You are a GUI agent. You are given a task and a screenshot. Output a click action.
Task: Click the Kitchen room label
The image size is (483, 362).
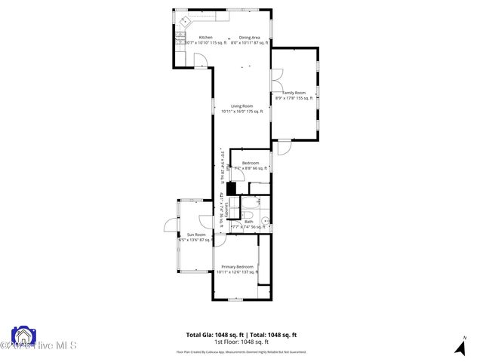click(x=206, y=38)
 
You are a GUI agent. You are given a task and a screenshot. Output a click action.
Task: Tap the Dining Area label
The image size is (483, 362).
click(x=250, y=38)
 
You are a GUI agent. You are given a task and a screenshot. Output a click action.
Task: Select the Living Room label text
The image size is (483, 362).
click(x=241, y=106)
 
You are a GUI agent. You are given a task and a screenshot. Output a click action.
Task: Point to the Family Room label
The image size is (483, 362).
click(x=294, y=93)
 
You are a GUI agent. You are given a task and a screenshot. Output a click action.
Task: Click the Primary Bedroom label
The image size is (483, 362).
click(x=237, y=267)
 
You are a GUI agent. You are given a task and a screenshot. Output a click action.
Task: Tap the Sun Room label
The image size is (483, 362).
click(x=196, y=235)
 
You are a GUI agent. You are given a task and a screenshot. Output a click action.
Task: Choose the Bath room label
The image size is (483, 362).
click(x=248, y=222)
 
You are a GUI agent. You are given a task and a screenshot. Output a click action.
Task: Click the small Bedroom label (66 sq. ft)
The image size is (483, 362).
click(x=250, y=164)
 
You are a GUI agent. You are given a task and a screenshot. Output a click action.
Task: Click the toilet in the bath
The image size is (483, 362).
click(x=259, y=201)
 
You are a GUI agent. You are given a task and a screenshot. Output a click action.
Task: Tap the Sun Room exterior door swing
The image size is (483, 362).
click(x=170, y=223)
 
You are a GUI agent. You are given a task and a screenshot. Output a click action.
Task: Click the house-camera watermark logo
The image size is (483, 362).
click(x=23, y=336)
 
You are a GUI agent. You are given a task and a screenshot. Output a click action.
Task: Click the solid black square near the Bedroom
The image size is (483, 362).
click(x=232, y=189)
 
